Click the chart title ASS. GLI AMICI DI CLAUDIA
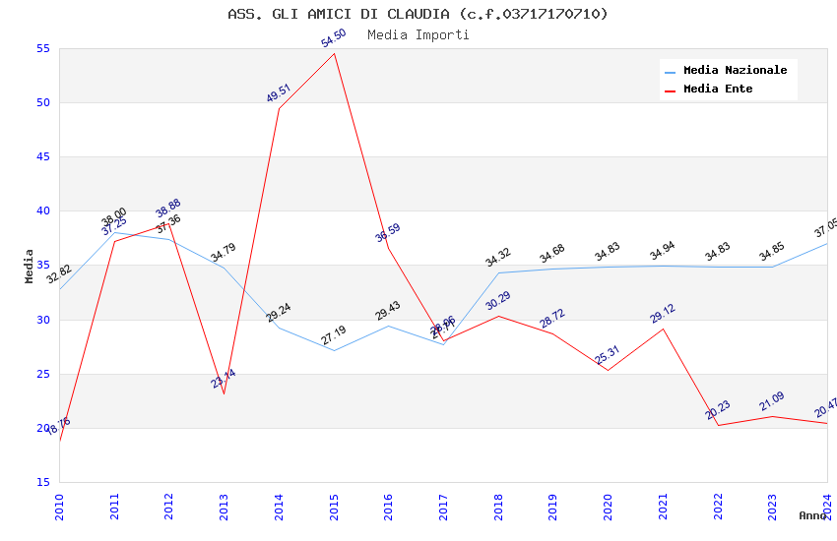click(x=418, y=14)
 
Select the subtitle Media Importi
click(x=418, y=35)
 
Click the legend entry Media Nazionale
click(x=735, y=71)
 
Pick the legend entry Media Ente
click(x=718, y=90)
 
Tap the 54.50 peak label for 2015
click(x=334, y=38)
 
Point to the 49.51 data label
click(x=279, y=93)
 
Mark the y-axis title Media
click(x=30, y=266)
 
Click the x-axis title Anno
click(x=812, y=515)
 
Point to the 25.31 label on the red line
click(x=608, y=355)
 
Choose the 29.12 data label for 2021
click(x=663, y=314)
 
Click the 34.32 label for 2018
click(x=498, y=259)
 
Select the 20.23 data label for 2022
click(x=718, y=410)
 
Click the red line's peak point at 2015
click(x=335, y=53)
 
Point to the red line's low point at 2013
click(x=224, y=393)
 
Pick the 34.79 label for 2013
click(x=224, y=254)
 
